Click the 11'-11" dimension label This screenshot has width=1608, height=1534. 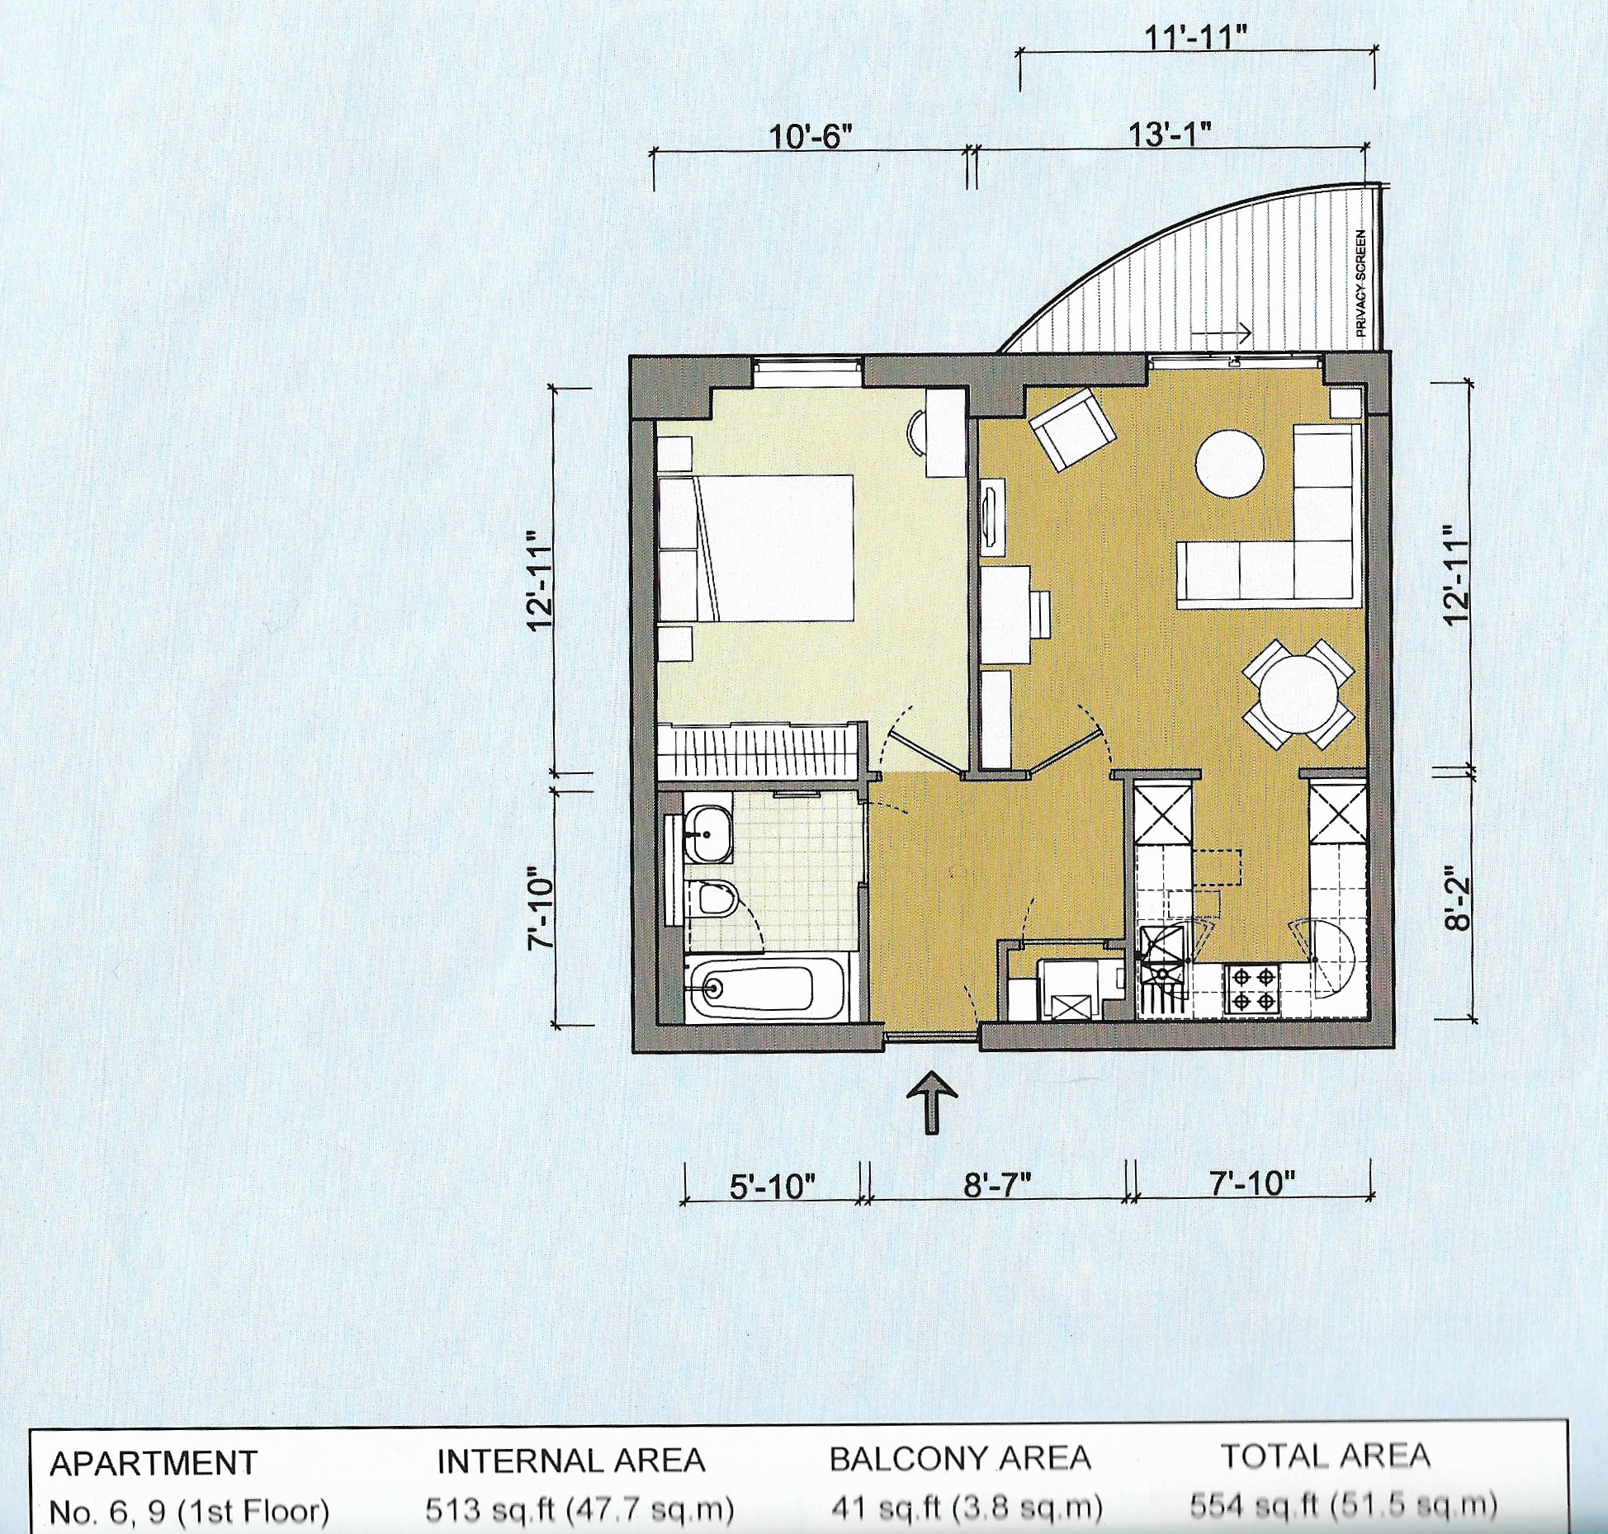(x=1196, y=37)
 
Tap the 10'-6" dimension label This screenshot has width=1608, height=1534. (x=810, y=136)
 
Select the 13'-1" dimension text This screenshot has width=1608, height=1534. (x=1171, y=135)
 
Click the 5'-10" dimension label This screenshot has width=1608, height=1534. (x=773, y=1187)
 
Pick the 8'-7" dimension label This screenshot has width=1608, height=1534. (x=997, y=1186)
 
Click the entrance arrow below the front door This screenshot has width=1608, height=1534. (x=932, y=1102)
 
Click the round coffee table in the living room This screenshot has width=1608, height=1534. (x=1230, y=464)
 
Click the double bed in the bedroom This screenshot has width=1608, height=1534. (x=756, y=547)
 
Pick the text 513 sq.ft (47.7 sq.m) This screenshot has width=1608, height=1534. (x=579, y=1510)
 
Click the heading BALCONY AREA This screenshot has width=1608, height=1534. (x=960, y=1459)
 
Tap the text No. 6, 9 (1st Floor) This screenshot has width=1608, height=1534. (x=189, y=1512)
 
